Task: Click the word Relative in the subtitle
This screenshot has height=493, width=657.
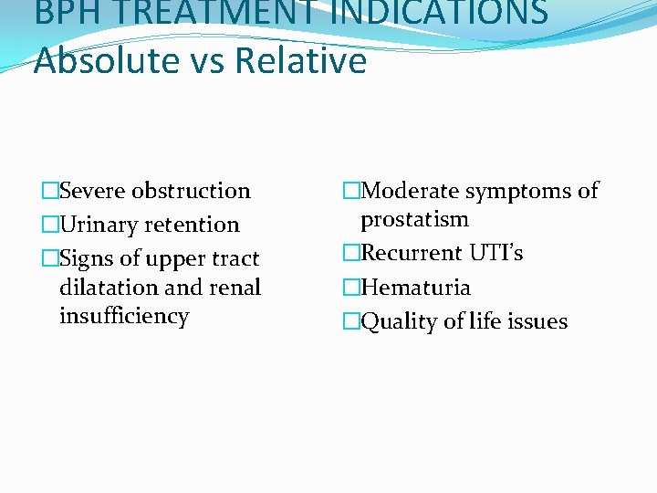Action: [300, 61]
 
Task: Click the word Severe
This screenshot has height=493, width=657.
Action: [92, 191]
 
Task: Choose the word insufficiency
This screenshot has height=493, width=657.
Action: [124, 316]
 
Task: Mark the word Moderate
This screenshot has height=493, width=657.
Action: [409, 191]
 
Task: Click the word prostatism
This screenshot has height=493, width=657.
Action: [414, 219]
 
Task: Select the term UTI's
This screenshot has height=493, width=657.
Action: [496, 253]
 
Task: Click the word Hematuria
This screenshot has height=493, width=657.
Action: [416, 288]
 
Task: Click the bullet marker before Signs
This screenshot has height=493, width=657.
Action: [49, 259]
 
